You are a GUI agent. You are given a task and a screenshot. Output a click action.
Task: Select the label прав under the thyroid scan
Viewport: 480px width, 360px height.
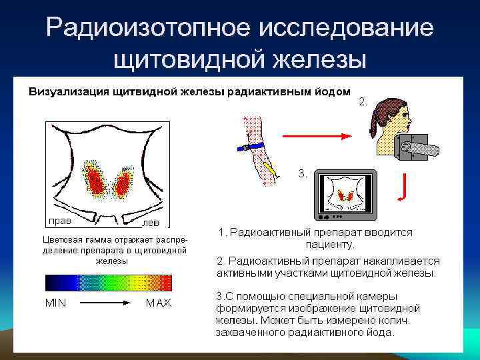tap(59, 219)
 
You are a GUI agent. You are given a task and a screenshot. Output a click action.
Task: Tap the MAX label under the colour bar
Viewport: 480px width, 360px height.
tap(159, 303)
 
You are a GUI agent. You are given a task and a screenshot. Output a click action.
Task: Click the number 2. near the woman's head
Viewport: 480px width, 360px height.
tap(363, 102)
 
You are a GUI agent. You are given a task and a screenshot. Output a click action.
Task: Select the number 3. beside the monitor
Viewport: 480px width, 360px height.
tap(303, 173)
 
